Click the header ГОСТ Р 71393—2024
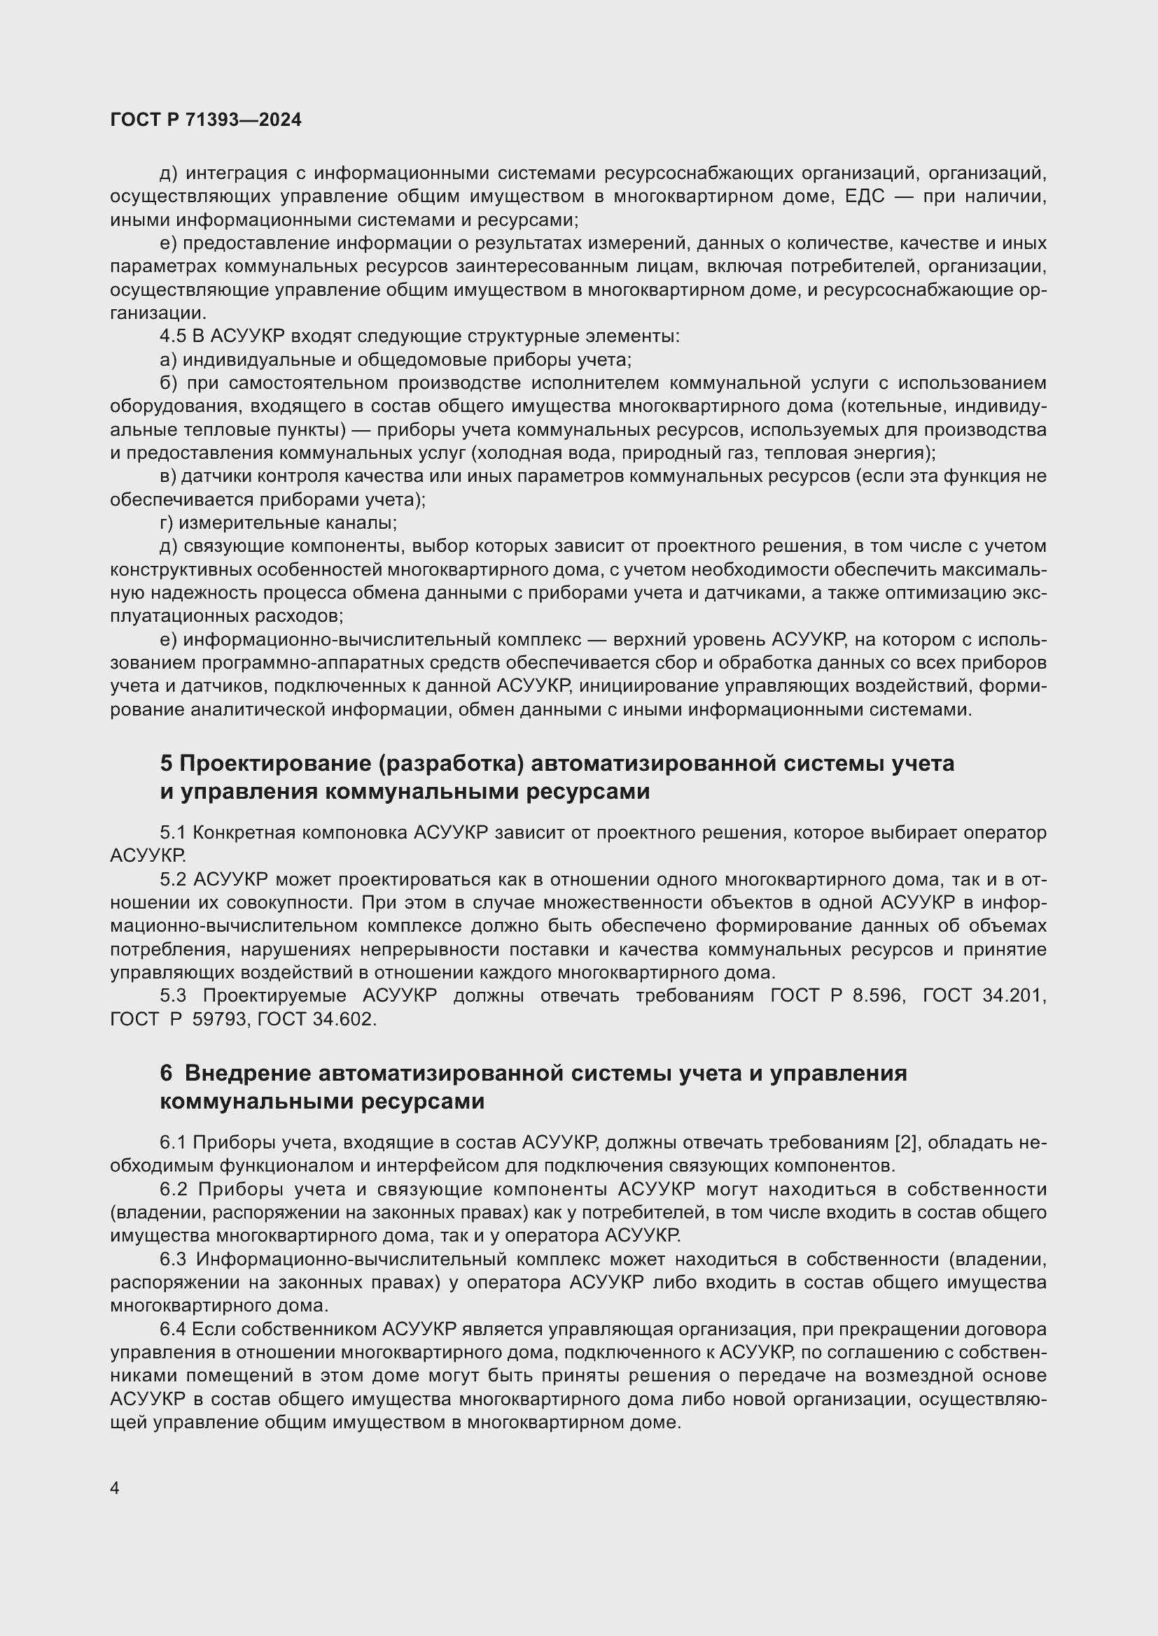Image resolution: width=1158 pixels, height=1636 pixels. [x=205, y=120]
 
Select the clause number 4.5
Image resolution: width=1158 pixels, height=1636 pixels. [x=172, y=336]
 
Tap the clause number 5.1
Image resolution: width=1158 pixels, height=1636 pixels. [x=172, y=833]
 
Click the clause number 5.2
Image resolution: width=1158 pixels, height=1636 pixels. [x=172, y=880]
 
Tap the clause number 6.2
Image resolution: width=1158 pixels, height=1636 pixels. [x=172, y=1189]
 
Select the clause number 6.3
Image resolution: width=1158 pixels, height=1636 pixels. [x=172, y=1260]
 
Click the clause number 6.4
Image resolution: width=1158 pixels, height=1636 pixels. [x=172, y=1330]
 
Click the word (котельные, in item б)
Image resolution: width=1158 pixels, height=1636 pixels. [x=895, y=407]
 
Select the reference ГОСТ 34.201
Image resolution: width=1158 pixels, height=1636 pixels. [x=983, y=996]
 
